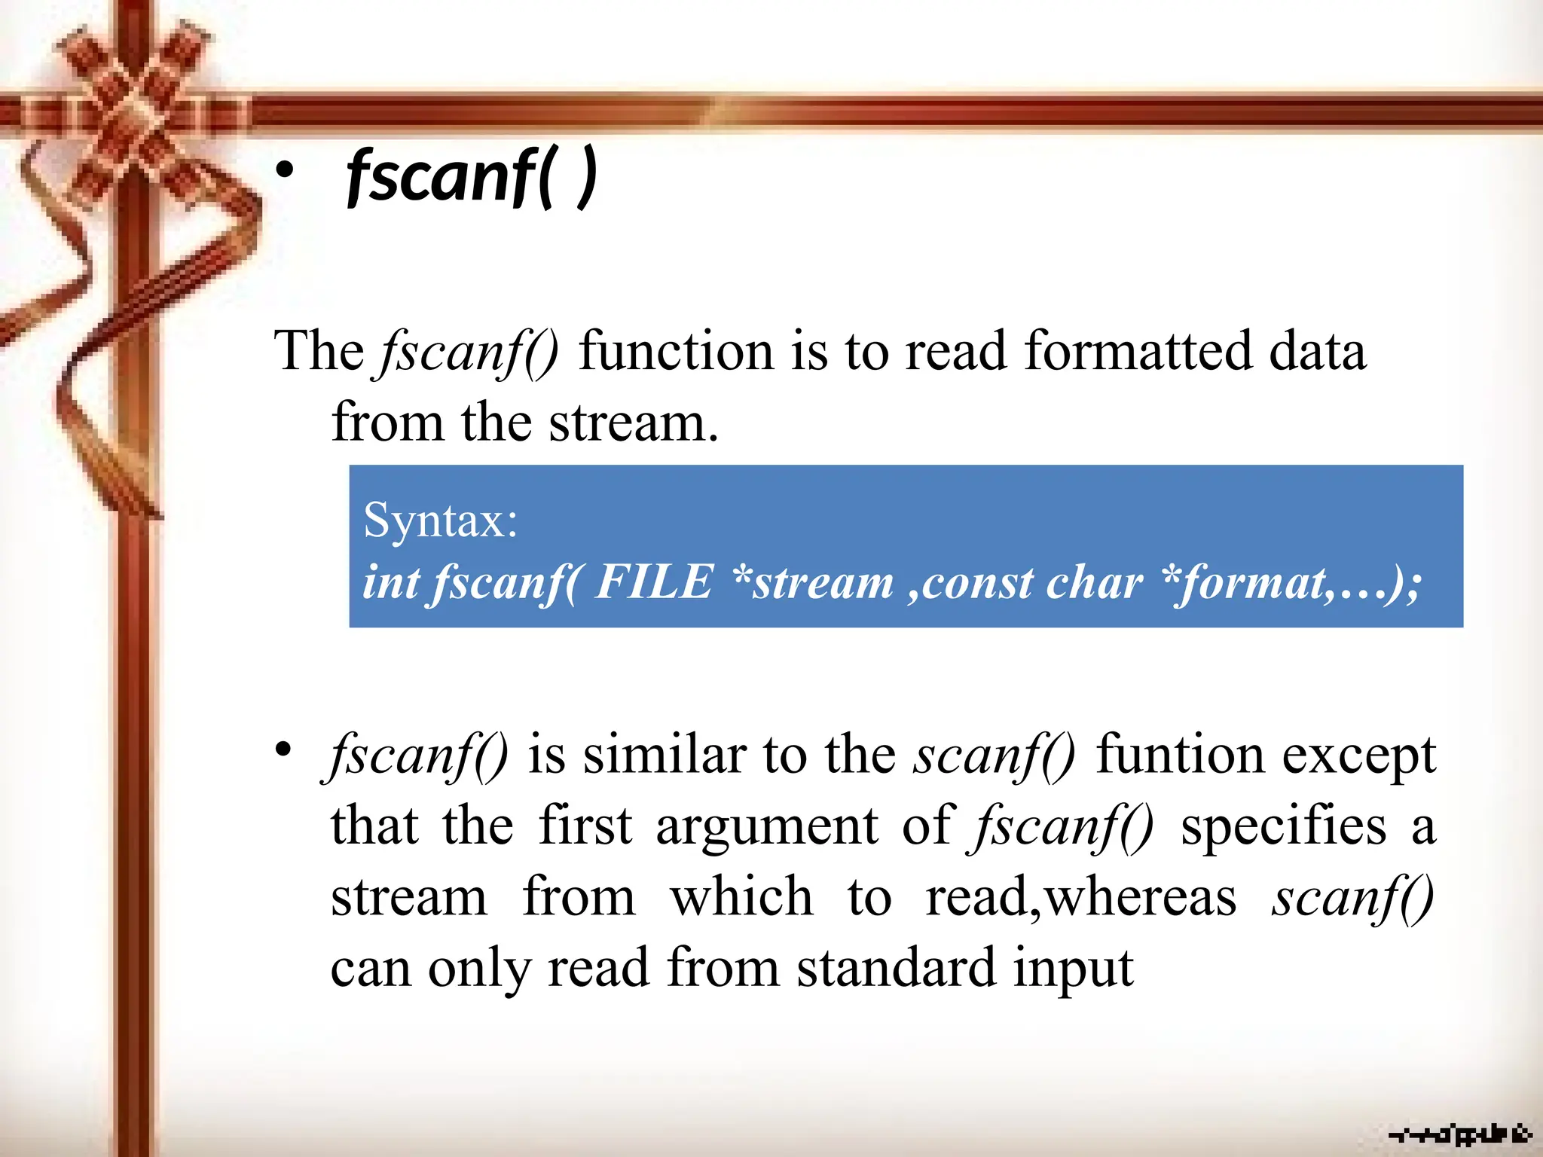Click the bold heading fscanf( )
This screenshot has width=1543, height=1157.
coord(472,178)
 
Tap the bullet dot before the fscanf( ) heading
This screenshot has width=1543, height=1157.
coord(284,172)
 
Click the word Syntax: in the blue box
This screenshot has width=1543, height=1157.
coord(441,520)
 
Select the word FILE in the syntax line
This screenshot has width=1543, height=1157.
coord(653,582)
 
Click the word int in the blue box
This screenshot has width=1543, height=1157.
coord(391,582)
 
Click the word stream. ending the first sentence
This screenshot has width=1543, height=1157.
coord(634,423)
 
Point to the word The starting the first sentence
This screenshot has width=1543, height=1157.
coord(319,352)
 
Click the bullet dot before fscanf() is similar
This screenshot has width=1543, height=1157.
coord(283,750)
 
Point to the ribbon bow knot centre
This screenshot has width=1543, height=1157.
coord(134,113)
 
